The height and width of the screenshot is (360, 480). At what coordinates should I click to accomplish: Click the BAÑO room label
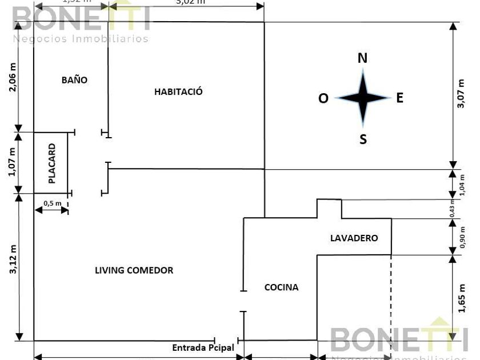74,80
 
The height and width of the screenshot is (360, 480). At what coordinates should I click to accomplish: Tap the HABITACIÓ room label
178,91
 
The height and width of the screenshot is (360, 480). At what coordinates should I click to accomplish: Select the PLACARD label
52,163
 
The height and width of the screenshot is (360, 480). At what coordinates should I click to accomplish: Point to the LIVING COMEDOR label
134,270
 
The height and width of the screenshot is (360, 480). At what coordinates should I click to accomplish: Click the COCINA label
281,287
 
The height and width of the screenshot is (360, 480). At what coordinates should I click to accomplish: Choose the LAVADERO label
354,238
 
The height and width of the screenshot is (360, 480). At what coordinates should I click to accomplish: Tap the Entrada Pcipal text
203,347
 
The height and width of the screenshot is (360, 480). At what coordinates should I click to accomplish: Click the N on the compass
362,58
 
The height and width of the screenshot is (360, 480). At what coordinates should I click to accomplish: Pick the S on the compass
363,139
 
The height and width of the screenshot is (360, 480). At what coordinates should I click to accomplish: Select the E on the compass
400,98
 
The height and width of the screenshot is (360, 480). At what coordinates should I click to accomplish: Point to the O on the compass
323,99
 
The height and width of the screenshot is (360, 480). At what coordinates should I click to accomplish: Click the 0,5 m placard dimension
52,203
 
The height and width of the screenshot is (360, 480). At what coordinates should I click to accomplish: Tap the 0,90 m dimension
462,237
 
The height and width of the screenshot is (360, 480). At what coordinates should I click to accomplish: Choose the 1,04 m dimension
462,184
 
